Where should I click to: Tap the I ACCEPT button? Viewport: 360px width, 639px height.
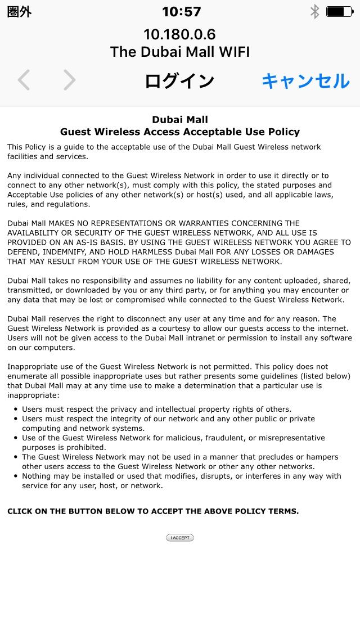(x=180, y=538)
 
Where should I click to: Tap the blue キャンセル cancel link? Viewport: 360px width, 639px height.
(x=305, y=81)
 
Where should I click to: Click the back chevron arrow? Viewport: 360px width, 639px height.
(x=24, y=80)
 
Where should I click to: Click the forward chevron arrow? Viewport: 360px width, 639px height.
(x=69, y=80)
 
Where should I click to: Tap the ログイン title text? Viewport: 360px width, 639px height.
(x=179, y=81)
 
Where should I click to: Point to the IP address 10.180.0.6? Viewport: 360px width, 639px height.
(x=179, y=34)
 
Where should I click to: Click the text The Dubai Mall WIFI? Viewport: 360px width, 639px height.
(x=180, y=52)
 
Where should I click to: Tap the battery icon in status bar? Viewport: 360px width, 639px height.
(x=339, y=11)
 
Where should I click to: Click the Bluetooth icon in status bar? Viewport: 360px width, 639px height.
(x=315, y=11)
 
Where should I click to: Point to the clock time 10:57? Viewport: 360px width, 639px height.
(x=181, y=11)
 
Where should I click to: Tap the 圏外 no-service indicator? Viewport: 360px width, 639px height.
(x=19, y=12)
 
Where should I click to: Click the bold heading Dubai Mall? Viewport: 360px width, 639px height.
(x=180, y=119)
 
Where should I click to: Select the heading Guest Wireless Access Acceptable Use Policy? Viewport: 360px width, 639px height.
(x=180, y=132)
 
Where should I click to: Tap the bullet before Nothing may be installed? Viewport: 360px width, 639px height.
(x=15, y=476)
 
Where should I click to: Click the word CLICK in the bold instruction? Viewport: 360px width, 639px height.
(x=20, y=511)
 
